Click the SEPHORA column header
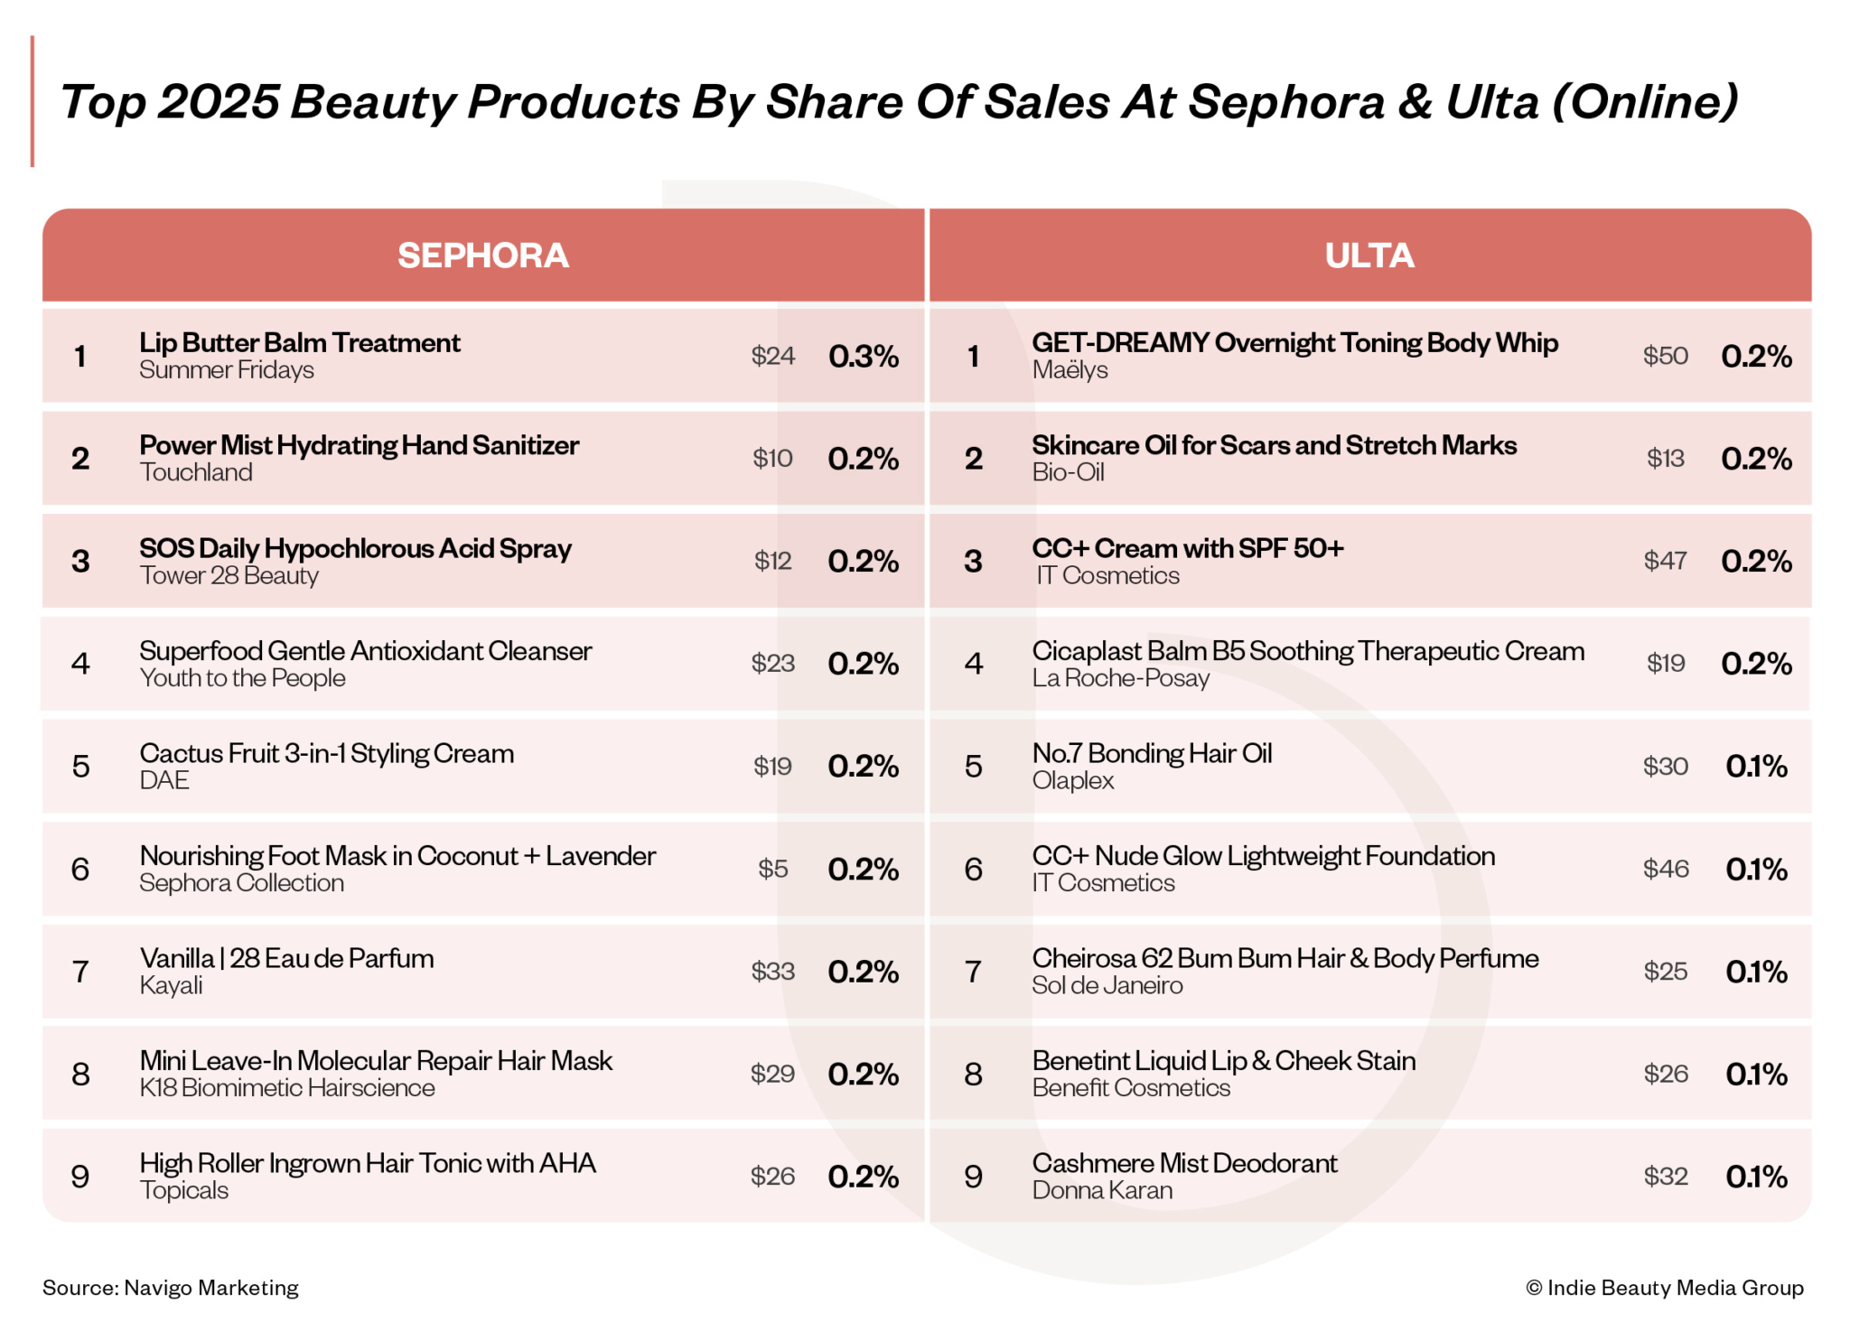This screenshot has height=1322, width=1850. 482,256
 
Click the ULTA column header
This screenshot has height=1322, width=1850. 1369,256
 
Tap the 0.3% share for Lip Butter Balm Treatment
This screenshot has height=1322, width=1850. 863,357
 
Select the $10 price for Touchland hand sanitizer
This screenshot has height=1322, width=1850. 772,459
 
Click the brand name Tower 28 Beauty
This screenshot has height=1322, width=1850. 229,576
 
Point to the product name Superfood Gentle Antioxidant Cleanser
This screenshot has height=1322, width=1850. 365,651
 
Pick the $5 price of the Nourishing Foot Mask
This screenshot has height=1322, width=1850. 772,869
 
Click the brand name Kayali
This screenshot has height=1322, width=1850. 171,986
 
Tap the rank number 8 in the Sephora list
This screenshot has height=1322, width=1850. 80,1075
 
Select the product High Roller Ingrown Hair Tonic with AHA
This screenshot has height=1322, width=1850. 367,1163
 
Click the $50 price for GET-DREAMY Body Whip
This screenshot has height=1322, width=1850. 1665,356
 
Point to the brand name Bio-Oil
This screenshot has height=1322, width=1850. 1068,473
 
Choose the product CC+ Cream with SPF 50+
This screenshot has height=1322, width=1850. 1187,548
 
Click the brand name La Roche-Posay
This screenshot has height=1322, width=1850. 1120,678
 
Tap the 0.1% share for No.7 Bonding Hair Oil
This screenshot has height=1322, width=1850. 1755,767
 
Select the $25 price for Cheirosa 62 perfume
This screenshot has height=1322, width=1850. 1665,972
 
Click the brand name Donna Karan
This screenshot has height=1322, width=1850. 1102,1191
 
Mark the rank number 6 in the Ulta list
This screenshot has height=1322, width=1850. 973,870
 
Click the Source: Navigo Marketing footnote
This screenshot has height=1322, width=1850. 170,1288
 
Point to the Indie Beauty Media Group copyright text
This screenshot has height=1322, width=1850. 1664,1288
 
